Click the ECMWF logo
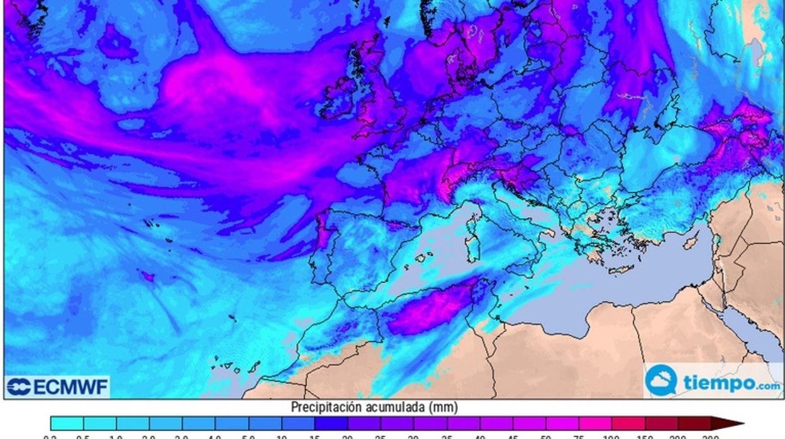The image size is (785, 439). click(x=57, y=387)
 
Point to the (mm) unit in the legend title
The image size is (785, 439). click(x=444, y=407)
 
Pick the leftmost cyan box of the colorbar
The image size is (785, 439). click(x=67, y=423)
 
